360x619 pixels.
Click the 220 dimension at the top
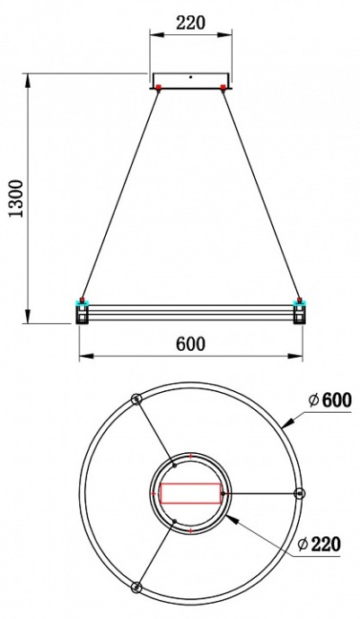click(190, 23)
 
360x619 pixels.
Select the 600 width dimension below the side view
click(190, 344)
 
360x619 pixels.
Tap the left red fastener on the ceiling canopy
click(158, 87)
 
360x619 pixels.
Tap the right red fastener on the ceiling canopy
click(224, 87)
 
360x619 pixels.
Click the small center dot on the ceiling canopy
click(190, 78)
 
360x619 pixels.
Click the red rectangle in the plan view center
click(190, 493)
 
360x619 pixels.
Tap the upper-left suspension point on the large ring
click(136, 399)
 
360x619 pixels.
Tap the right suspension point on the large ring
click(299, 493)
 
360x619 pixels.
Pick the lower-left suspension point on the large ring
click(136, 587)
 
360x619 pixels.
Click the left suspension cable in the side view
click(120, 193)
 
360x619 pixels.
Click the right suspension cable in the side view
click(261, 193)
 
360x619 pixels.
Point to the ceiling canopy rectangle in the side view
click(190, 81)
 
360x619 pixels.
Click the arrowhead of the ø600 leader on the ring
click(286, 422)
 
